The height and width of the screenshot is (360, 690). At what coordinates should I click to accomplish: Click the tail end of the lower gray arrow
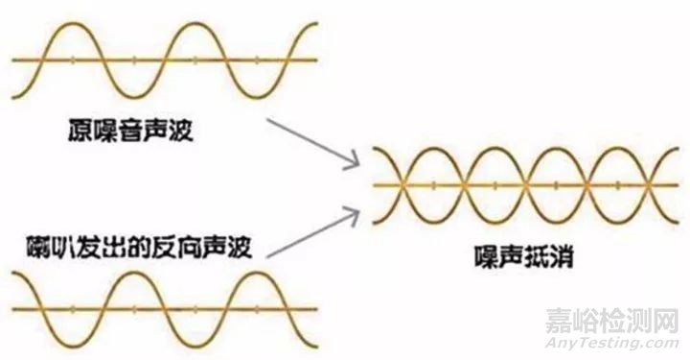click(x=267, y=255)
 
